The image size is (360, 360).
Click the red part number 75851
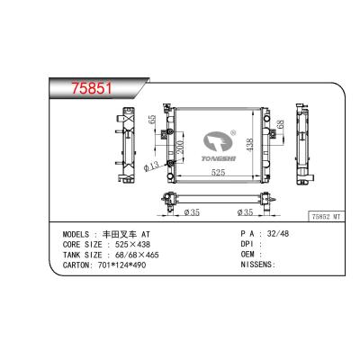point(92,88)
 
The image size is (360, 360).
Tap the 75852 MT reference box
point(327,217)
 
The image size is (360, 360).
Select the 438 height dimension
point(249,144)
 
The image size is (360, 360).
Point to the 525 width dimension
point(218,172)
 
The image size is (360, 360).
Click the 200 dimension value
point(180,148)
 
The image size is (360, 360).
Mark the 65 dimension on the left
point(152,120)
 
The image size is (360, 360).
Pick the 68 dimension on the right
point(279,124)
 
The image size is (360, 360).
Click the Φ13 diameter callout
point(150,166)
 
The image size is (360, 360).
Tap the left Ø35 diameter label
point(192,212)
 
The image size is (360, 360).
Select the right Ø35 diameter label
point(245,212)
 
